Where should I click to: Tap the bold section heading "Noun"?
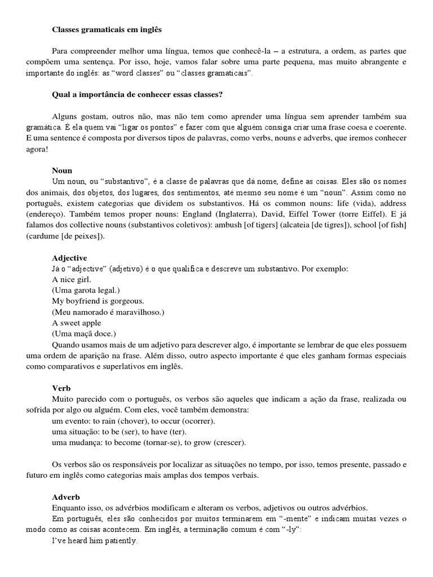(x=62, y=170)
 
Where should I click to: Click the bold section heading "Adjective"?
(x=70, y=258)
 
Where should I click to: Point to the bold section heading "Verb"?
(x=61, y=389)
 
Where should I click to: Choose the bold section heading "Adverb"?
(x=66, y=497)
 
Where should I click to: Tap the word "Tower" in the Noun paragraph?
(x=326, y=215)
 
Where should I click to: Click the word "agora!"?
(x=37, y=148)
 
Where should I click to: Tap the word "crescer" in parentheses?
(x=228, y=443)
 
